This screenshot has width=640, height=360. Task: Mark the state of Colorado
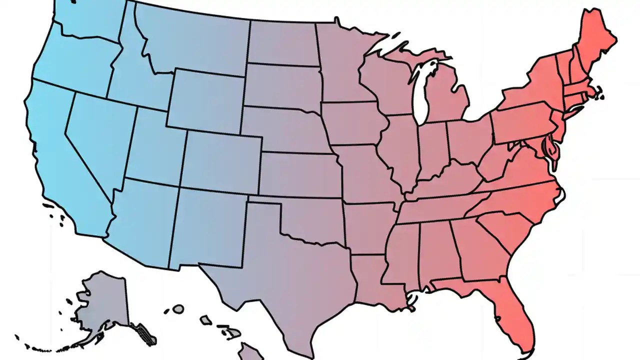(x=220, y=160)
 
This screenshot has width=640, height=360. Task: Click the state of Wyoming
(x=205, y=100)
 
